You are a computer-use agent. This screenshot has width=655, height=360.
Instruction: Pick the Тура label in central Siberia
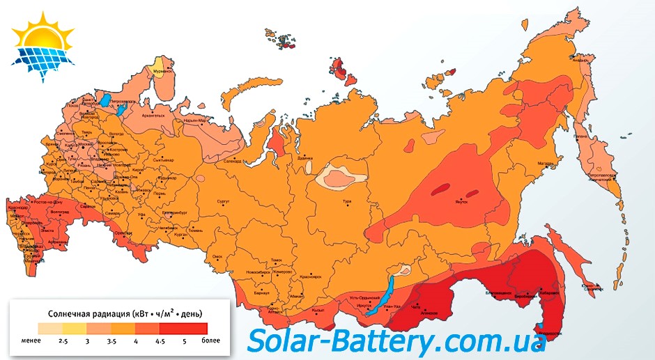(346, 202)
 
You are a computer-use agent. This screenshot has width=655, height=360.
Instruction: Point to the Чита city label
(419, 305)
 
